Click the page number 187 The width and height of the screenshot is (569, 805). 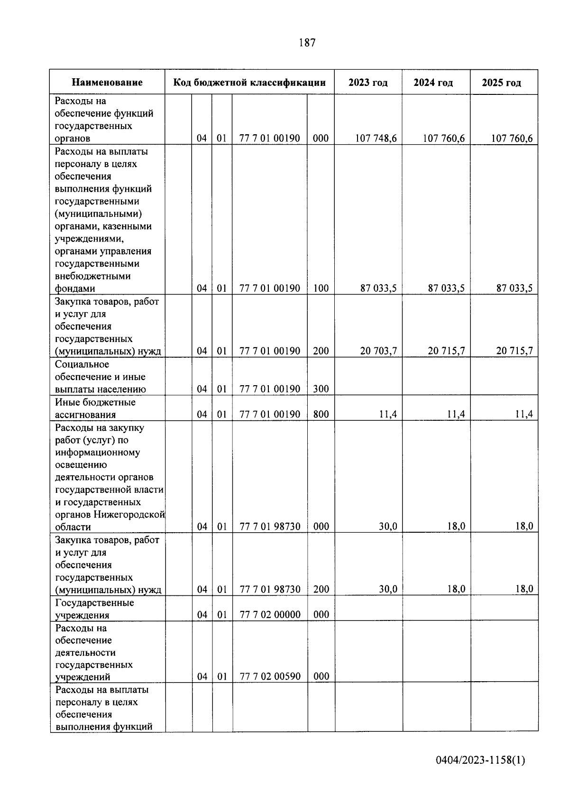307,43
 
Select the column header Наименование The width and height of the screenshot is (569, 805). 107,83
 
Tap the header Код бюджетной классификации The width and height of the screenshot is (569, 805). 249,83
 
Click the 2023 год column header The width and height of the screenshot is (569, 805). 368,83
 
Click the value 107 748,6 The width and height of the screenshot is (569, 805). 376,139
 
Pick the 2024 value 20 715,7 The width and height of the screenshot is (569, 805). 446,351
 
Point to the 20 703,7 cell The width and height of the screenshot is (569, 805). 378,351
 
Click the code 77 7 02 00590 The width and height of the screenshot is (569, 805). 270,676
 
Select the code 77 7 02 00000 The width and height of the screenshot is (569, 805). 270,615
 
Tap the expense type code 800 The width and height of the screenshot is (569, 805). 321,414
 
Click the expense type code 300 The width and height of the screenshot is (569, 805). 321,389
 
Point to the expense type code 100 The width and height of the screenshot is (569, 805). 321,288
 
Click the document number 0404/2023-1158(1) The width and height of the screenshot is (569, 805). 480,760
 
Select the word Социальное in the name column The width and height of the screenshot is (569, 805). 82,364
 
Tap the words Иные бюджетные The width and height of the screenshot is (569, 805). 95,402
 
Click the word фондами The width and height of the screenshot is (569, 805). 75,288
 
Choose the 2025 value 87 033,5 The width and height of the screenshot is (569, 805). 514,288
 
